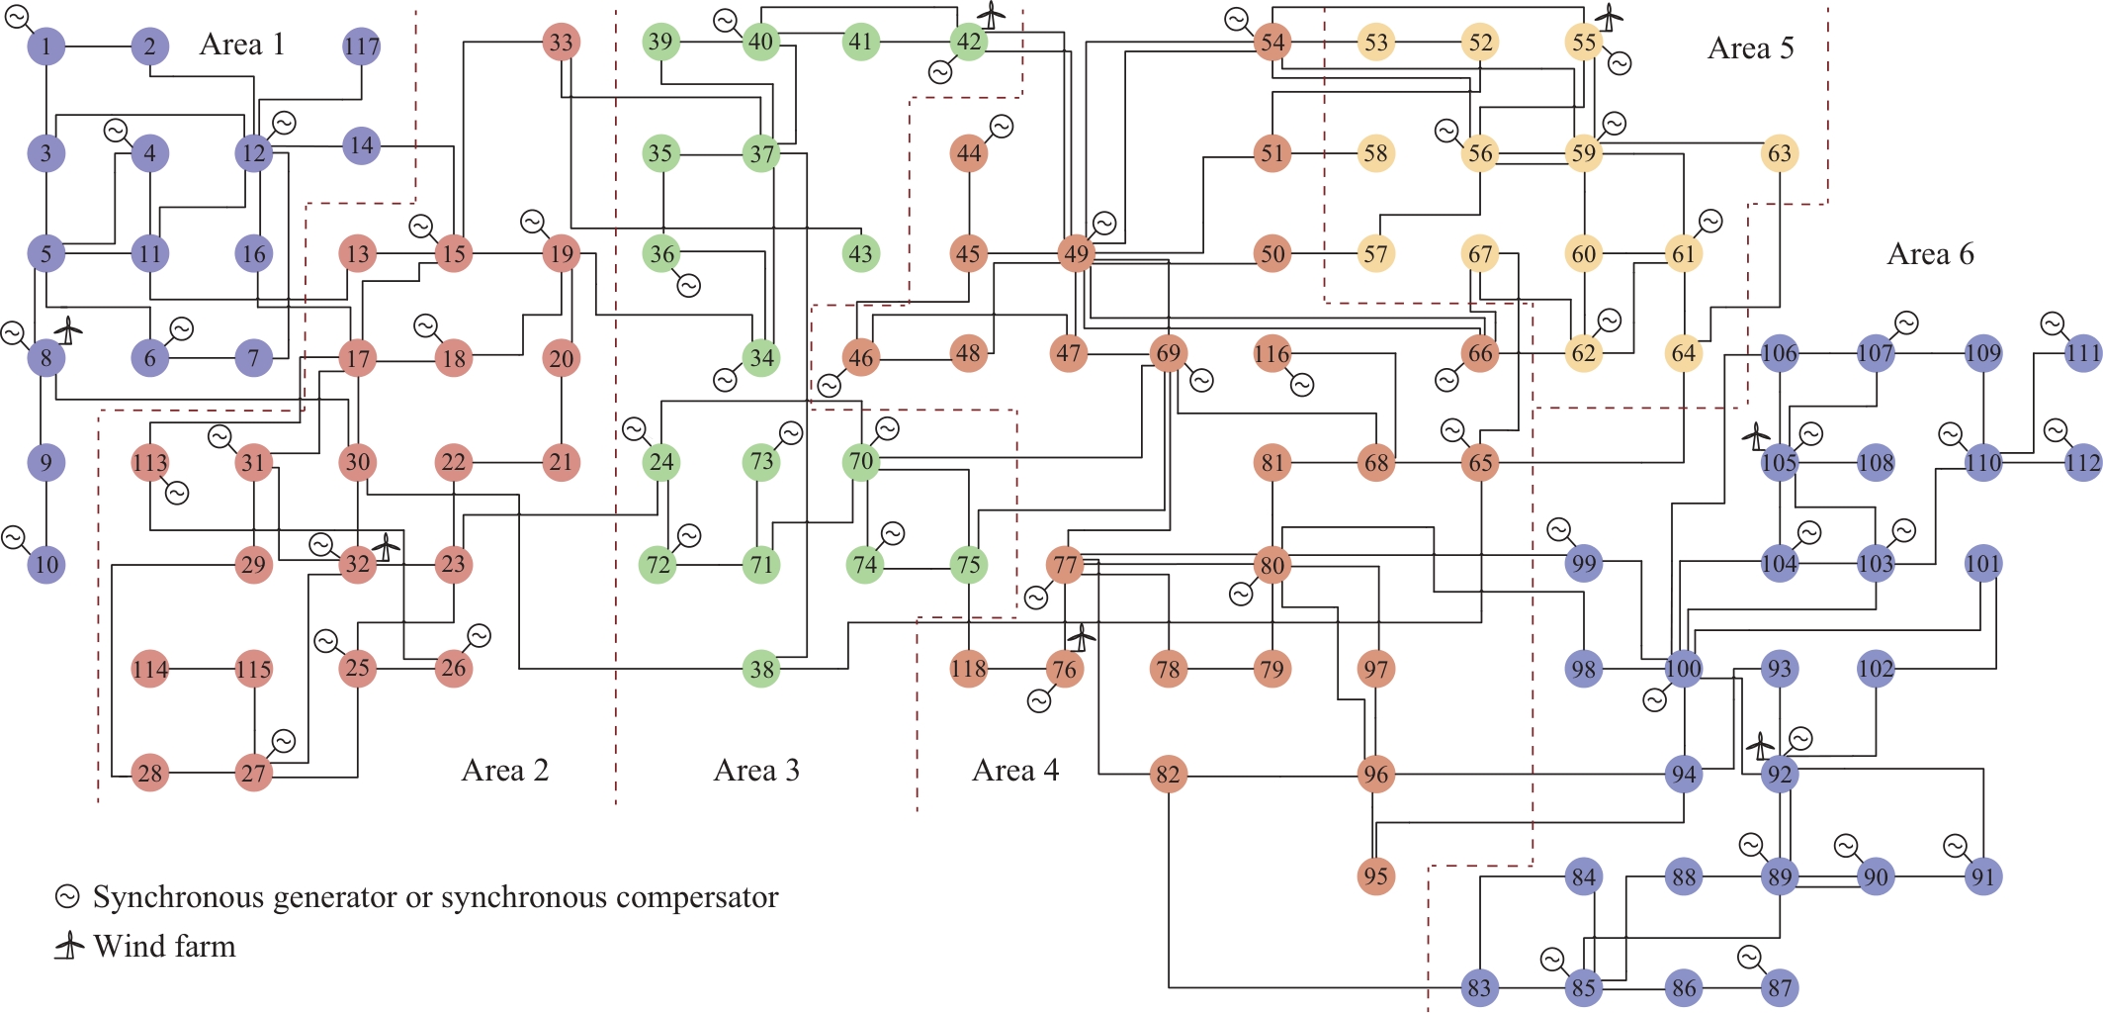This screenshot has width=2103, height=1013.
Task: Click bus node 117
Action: (x=361, y=46)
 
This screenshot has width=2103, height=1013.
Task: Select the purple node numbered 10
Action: (x=46, y=565)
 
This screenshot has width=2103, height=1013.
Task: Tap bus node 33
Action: (x=561, y=43)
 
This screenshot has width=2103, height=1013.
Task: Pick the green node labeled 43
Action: (x=860, y=253)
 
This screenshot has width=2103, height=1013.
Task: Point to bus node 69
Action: (x=1169, y=353)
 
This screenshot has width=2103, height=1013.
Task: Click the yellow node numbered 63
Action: (x=1779, y=153)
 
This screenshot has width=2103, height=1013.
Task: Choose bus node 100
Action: (x=1683, y=669)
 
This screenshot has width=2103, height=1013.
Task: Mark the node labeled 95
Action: (x=1375, y=876)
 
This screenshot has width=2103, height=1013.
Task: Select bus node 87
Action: (x=1780, y=987)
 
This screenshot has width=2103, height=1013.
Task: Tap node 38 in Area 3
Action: (x=761, y=670)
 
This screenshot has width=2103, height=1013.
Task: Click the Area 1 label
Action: (x=241, y=45)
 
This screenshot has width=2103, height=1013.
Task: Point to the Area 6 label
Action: (x=1929, y=254)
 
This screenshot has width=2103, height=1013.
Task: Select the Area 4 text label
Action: (x=1014, y=771)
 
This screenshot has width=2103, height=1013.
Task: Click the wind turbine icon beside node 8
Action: (x=67, y=329)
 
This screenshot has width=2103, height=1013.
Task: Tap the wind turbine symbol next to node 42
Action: (x=991, y=16)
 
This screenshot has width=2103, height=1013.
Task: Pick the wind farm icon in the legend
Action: (x=69, y=946)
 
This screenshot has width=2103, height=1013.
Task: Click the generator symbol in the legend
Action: (x=67, y=896)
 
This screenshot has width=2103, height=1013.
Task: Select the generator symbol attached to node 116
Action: (x=1302, y=385)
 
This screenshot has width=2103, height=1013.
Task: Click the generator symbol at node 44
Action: (x=1001, y=127)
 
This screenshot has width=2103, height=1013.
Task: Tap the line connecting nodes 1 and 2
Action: (x=98, y=46)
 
